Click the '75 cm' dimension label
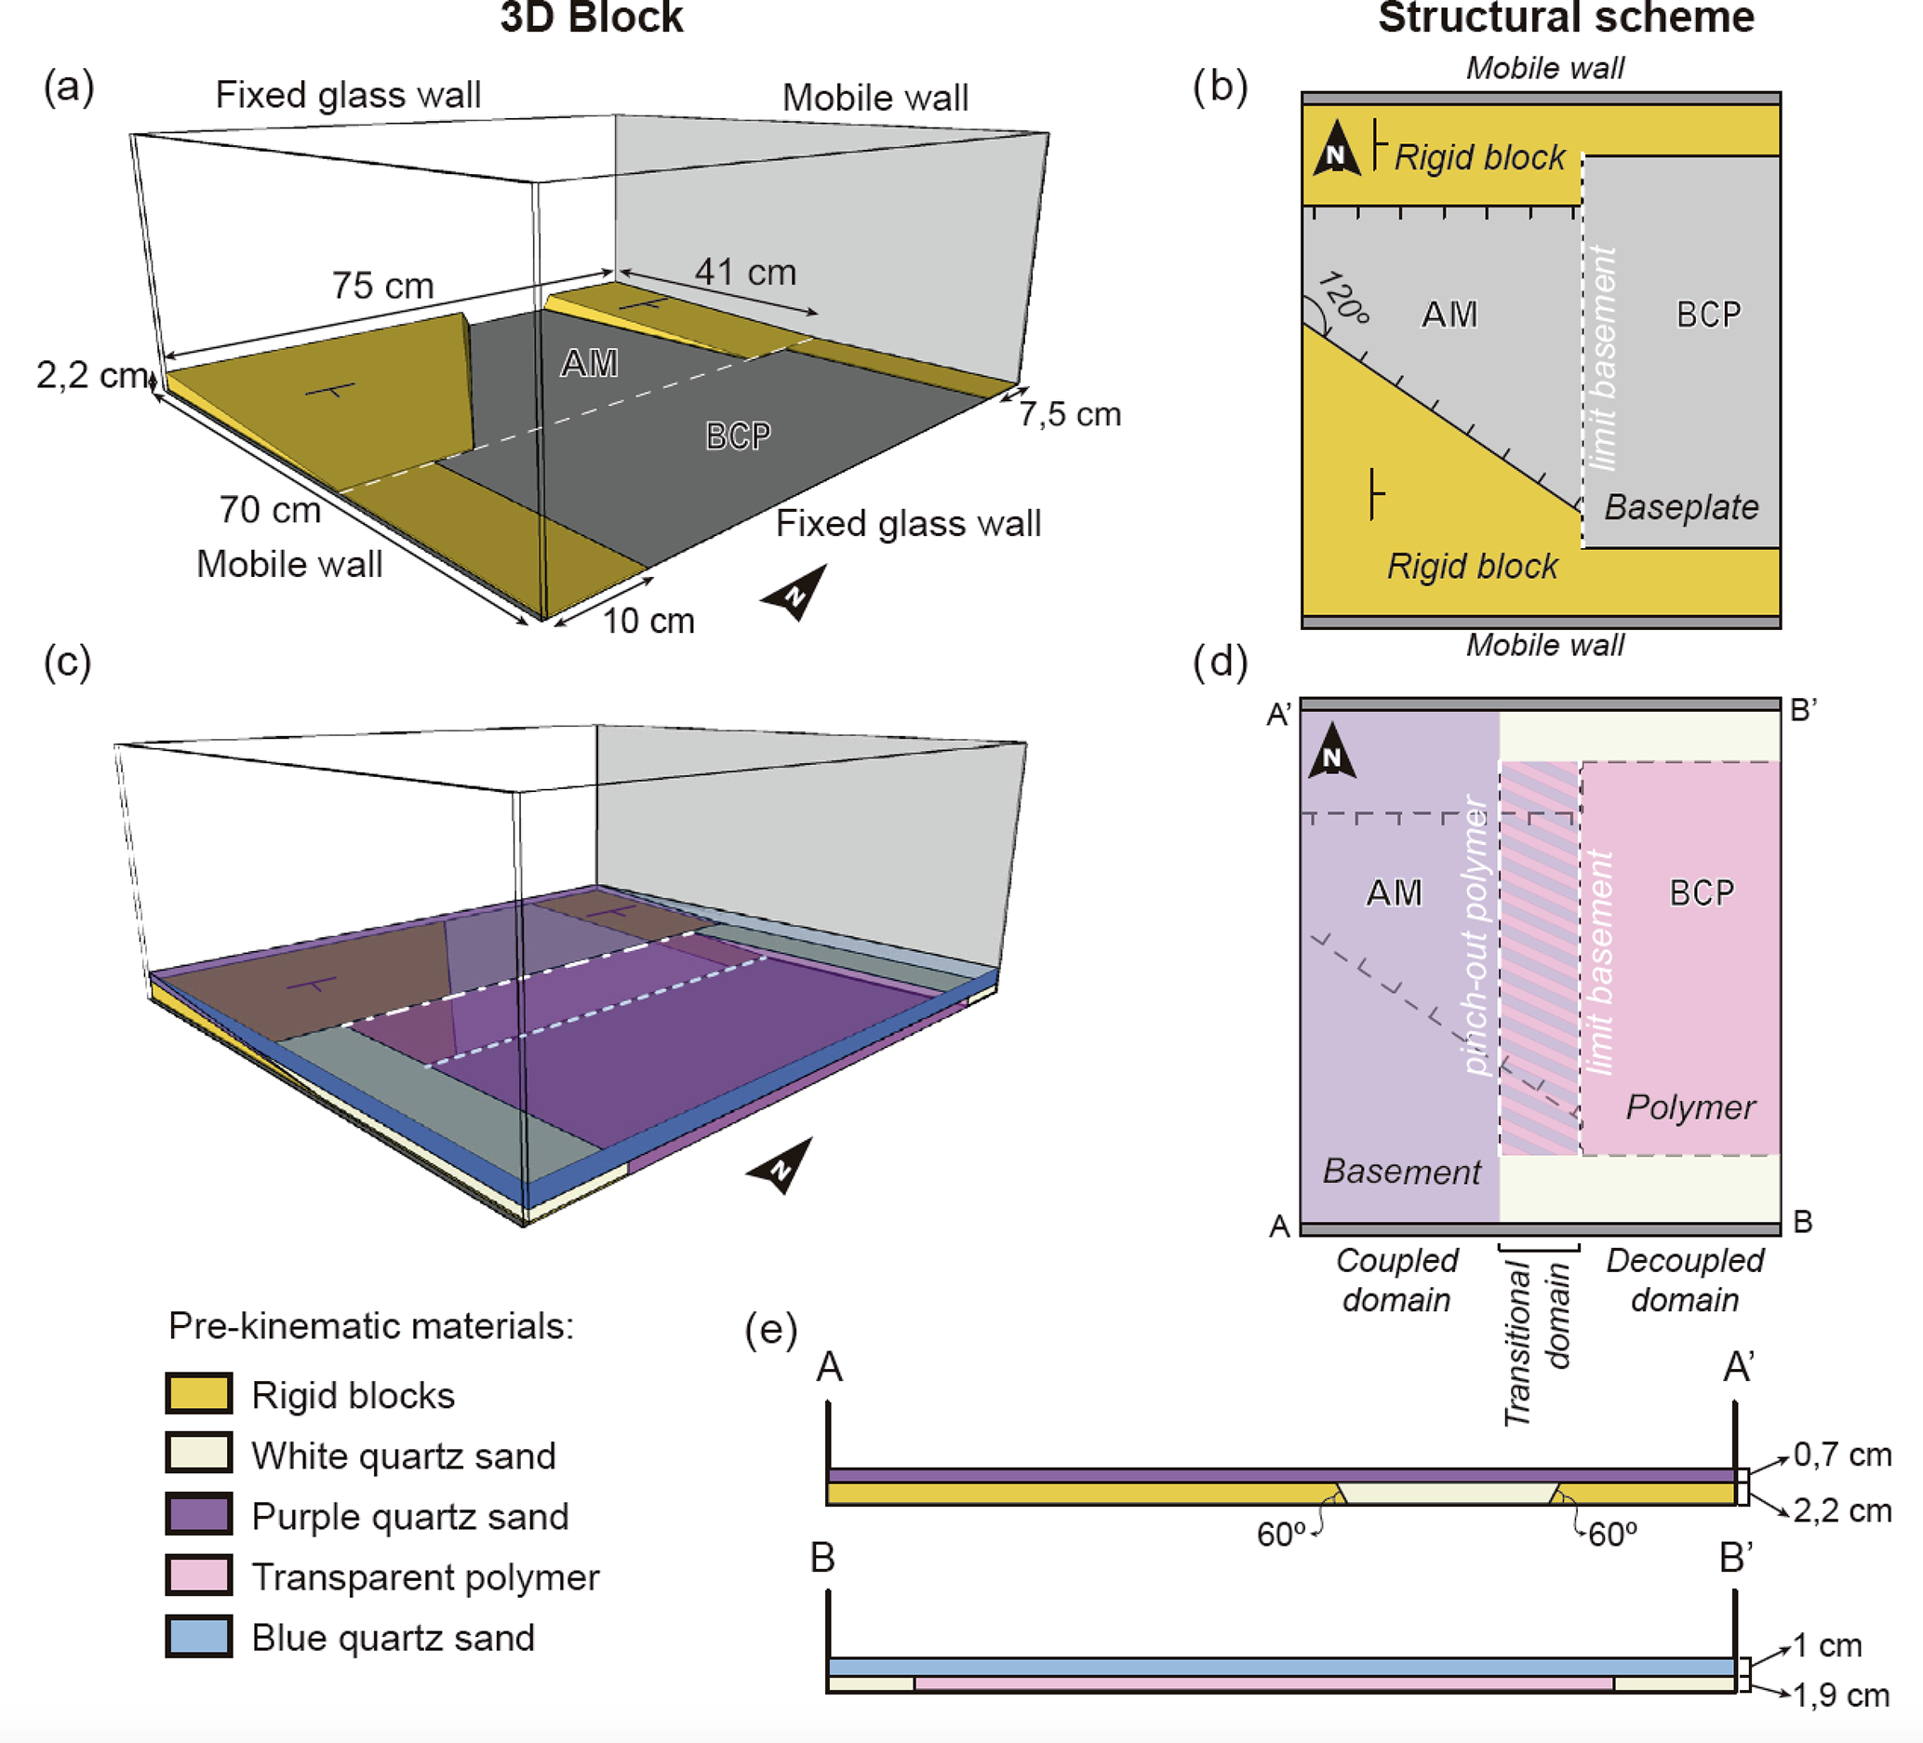[382, 286]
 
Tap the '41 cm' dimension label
[745, 272]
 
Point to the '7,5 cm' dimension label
[1069, 414]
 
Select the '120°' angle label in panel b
[1343, 298]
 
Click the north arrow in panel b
[1335, 150]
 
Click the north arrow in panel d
[1332, 752]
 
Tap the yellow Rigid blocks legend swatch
[198, 1394]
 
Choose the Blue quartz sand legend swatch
[198, 1636]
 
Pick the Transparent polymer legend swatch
[198, 1575]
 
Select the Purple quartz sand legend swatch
[198, 1515]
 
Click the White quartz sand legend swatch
[198, 1454]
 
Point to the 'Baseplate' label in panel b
[1681, 506]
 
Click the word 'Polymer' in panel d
[1690, 1106]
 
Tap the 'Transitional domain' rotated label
[1536, 1342]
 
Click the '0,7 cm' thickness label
[1842, 1454]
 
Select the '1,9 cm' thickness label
[1840, 1695]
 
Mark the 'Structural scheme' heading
[1566, 18]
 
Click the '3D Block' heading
[592, 18]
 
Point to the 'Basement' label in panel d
[1401, 1171]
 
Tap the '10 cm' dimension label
[648, 620]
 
